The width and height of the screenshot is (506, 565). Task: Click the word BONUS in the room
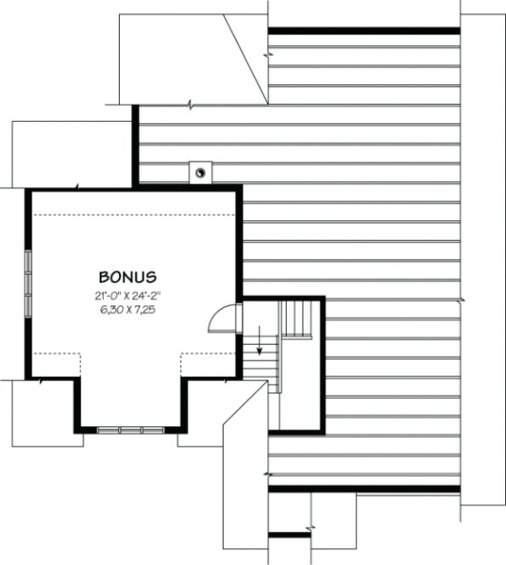point(127,277)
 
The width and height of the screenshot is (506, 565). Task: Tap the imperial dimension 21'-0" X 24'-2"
point(127,296)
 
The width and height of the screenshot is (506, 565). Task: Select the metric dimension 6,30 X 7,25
point(127,311)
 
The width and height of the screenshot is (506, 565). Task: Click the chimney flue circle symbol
point(201,173)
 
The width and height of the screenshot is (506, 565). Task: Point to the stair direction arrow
point(259,345)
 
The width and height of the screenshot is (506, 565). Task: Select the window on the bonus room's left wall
point(28,284)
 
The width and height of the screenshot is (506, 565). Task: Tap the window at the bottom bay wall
point(130,430)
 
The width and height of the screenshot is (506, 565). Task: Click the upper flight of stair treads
point(298,318)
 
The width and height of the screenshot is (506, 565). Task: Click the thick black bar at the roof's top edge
point(364,31)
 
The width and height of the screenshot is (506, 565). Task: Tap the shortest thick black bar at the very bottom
point(289,535)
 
